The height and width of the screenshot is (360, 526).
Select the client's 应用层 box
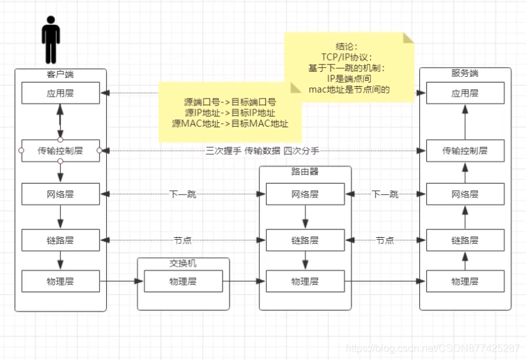pos(60,93)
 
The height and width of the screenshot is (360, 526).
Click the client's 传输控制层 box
pos(60,150)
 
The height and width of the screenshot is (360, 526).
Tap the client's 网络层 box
pos(60,194)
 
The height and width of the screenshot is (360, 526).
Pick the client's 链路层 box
pos(60,240)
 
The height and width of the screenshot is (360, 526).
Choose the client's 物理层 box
pos(60,281)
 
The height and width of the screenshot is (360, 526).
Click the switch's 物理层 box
pos(183,281)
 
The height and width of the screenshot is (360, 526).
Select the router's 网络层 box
pos(305,194)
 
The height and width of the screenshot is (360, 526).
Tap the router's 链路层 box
pos(305,240)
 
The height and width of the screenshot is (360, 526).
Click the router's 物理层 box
pos(305,281)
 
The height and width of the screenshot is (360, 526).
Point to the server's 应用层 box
pos(465,93)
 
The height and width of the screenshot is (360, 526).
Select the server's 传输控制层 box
pos(465,150)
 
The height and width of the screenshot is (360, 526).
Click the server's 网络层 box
pos(465,194)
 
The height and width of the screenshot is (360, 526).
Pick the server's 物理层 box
pos(465,281)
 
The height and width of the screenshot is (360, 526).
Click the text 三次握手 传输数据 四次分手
pos(262,150)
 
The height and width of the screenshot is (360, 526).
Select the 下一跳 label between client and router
pos(183,194)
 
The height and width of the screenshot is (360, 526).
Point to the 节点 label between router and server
pos(385,240)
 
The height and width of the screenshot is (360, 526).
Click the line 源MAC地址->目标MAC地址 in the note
pos(230,123)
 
